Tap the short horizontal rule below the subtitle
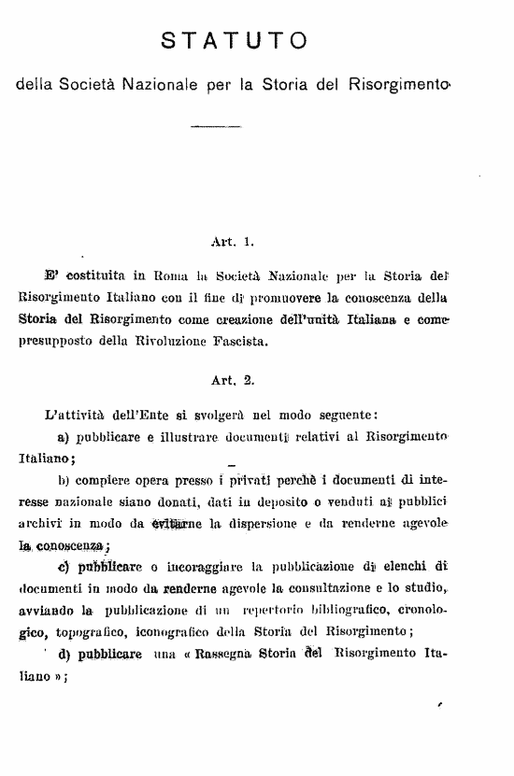tap(214, 125)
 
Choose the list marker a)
tap(65, 435)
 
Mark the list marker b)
tap(65, 480)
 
